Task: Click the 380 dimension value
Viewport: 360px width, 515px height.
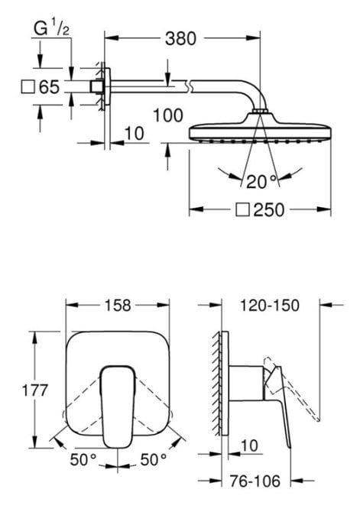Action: click(x=180, y=39)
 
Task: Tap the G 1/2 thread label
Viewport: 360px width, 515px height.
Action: click(x=51, y=29)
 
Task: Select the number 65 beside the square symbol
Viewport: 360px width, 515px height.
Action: click(x=49, y=87)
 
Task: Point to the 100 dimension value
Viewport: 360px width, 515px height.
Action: click(x=168, y=115)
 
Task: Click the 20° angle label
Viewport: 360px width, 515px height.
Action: click(x=261, y=182)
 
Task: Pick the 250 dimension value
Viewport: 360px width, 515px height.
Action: click(x=269, y=209)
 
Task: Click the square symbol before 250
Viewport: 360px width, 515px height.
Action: click(x=242, y=209)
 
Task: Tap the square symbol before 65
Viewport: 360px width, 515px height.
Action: click(x=28, y=86)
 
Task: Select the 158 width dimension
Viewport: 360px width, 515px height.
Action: click(x=118, y=305)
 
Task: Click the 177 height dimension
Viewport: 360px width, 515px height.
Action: click(x=35, y=390)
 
